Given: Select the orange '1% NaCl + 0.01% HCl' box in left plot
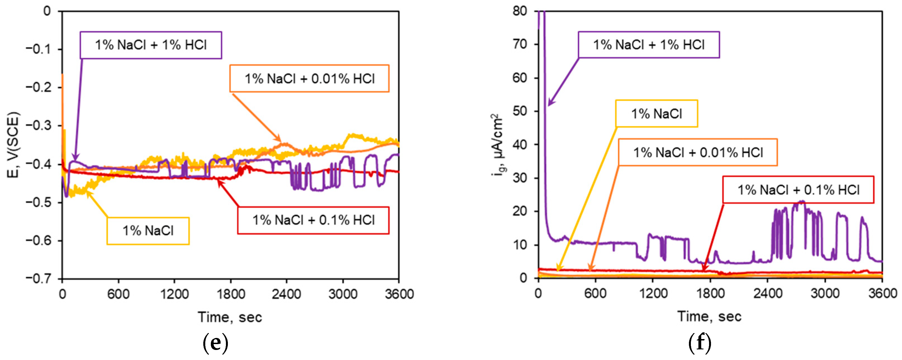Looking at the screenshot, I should [x=309, y=78].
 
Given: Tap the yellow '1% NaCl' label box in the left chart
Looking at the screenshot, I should [x=148, y=231].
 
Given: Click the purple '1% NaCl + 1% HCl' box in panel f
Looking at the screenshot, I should [x=648, y=45].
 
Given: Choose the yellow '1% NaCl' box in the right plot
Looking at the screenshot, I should [x=656, y=113].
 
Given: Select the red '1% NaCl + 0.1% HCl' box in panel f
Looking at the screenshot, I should [x=798, y=190].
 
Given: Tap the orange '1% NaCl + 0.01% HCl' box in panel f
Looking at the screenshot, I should [x=698, y=152].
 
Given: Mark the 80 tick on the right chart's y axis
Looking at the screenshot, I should [x=520, y=11].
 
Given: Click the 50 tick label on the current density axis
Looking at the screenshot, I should [x=520, y=111].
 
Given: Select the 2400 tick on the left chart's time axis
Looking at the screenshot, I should [x=287, y=294].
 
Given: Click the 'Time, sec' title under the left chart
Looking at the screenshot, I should [x=230, y=317].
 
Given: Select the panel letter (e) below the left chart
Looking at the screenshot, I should [x=215, y=344].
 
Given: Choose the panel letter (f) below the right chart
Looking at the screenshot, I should [x=700, y=344].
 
